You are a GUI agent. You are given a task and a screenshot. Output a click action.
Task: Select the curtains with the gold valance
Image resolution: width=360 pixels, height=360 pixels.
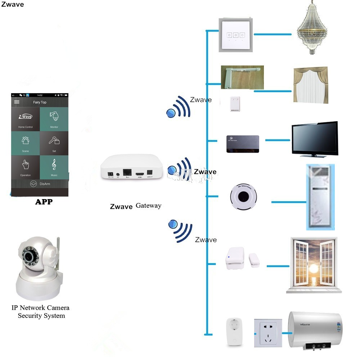pyautogui.click(x=311, y=85)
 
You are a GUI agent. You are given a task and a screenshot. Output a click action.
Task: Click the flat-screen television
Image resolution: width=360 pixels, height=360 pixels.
pyautogui.click(x=315, y=139)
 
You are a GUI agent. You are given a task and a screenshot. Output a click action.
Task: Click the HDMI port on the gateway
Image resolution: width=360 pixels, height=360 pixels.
pyautogui.click(x=140, y=174)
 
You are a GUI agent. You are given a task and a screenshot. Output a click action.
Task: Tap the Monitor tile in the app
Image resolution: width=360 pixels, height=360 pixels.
pyautogui.click(x=54, y=119)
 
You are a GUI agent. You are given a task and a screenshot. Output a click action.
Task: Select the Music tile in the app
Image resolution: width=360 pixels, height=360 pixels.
pyautogui.click(x=54, y=167)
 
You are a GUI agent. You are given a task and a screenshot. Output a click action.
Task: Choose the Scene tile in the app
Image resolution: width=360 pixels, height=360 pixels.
pyautogui.click(x=26, y=143)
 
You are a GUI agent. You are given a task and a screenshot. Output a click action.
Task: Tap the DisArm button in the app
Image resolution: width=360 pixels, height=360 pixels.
pyautogui.click(x=40, y=184)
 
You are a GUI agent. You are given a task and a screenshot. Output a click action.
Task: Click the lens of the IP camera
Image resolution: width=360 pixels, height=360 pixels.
pyautogui.click(x=28, y=257)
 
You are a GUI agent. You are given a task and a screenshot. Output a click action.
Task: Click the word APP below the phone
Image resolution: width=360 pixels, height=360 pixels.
pyautogui.click(x=44, y=202)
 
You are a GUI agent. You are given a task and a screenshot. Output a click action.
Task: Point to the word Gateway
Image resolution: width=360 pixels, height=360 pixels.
pyautogui.click(x=148, y=206)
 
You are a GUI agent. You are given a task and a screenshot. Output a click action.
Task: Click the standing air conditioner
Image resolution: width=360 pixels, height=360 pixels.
pyautogui.click(x=320, y=197)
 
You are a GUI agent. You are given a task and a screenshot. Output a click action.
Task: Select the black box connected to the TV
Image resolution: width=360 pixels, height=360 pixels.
pyautogui.click(x=243, y=143)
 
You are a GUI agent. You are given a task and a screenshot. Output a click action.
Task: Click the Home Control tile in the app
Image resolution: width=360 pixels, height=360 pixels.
pyautogui.click(x=26, y=119)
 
